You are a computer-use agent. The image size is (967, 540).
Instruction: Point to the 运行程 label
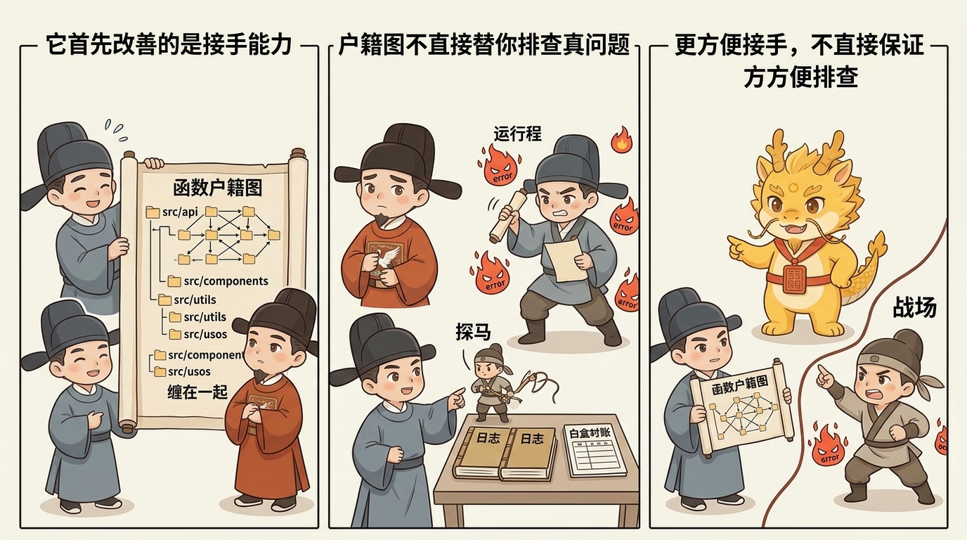tap(518, 133)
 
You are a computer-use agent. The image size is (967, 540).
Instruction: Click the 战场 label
tap(914, 307)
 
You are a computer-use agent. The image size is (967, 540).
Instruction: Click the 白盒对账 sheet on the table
tap(595, 449)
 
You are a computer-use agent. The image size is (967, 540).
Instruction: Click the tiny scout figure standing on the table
tap(491, 380)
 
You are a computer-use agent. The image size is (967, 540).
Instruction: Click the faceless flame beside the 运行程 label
tap(621, 140)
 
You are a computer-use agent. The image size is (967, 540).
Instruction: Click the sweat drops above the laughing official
tap(115, 127)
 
